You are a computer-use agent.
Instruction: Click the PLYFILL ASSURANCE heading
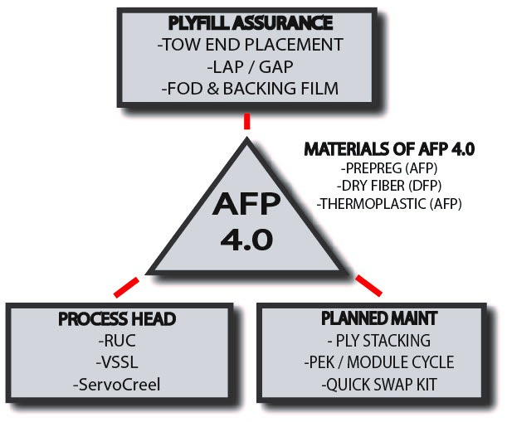tap(246, 21)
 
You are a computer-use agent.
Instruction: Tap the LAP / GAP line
tap(246, 65)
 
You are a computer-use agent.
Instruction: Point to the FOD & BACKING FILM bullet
tap(246, 87)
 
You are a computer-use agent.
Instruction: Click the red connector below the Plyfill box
tap(246, 122)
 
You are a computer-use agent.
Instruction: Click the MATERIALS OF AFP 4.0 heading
tap(388, 149)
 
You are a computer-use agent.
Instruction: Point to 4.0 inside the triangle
tap(246, 240)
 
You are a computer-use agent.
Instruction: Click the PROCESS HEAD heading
tap(129, 319)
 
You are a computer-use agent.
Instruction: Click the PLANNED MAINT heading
tap(378, 318)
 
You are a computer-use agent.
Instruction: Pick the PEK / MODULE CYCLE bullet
tap(378, 362)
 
